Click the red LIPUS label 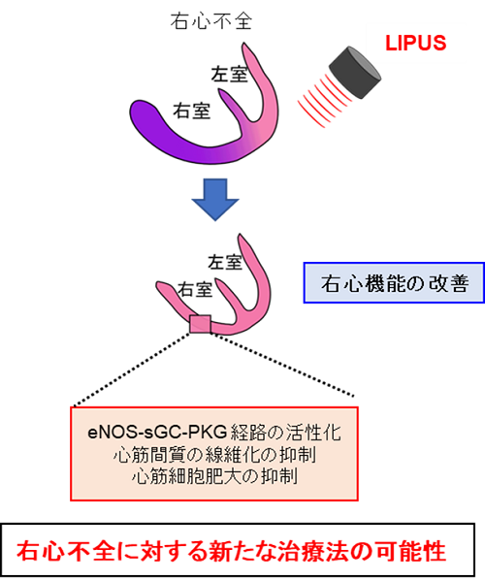[x=415, y=43]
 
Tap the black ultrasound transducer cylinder [x=355, y=73]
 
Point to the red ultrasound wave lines [x=323, y=100]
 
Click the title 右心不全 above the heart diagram [x=211, y=21]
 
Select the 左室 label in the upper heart [x=229, y=74]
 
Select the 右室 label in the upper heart [x=192, y=111]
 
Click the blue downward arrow [x=215, y=200]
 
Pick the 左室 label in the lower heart [x=225, y=262]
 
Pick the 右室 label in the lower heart [x=195, y=289]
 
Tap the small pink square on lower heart [x=200, y=324]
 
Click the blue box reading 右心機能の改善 [x=394, y=283]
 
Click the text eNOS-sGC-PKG [x=157, y=432]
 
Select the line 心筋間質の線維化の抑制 [x=214, y=455]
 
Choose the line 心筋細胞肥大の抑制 [x=214, y=476]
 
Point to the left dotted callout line [x=132, y=370]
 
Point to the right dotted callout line [x=282, y=365]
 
